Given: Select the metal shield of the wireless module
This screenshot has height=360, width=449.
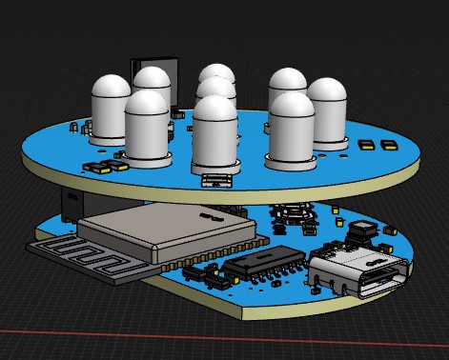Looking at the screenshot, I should pos(162,230).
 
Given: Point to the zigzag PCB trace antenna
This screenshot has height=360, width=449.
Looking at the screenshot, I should pos(81,260).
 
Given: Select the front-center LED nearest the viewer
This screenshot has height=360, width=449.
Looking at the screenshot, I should pos(214,133).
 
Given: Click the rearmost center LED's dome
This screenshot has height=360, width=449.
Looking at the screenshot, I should pos(216,75).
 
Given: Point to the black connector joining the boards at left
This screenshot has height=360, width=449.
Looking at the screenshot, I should pos(72,203).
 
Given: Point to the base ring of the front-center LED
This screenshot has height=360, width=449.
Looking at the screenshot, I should pos(214,167).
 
